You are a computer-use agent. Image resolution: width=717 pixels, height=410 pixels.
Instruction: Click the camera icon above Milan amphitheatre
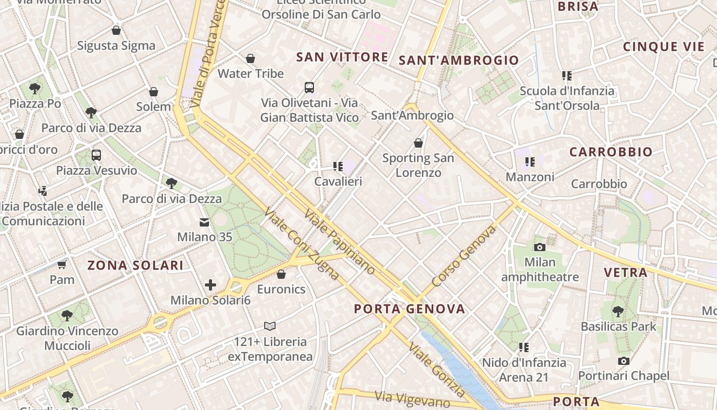tap(539, 247)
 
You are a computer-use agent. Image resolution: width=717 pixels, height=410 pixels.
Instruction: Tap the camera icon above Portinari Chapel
tap(623, 361)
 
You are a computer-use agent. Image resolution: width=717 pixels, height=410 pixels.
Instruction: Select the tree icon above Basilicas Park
tap(618, 311)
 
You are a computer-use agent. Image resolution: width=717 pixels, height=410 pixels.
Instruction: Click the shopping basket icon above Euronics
tap(281, 274)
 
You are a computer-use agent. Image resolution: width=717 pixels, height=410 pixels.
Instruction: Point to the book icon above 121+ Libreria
tap(270, 326)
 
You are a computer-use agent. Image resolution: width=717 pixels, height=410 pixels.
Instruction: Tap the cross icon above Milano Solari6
tap(210, 285)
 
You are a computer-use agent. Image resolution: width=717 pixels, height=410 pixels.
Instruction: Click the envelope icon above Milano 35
tap(204, 222)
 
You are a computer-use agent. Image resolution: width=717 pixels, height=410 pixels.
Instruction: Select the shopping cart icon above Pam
tap(62, 264)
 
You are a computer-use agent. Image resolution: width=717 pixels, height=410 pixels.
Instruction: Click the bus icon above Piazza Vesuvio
tap(96, 155)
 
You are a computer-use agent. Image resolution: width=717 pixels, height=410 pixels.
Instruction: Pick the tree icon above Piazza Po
tap(35, 88)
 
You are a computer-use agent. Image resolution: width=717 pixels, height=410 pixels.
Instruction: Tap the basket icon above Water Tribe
tap(250, 58)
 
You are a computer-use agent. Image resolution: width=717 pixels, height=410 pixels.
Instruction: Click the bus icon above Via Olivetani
tap(309, 87)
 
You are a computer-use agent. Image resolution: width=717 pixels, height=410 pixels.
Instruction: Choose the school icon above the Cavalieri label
tap(338, 166)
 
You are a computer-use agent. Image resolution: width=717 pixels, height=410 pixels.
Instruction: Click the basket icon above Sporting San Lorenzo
tap(418, 143)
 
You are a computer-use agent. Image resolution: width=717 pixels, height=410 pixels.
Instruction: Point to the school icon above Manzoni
tap(530, 162)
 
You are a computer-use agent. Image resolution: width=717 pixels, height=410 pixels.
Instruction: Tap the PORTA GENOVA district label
tap(410, 309)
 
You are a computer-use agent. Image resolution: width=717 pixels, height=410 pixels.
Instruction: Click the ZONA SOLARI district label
tap(135, 265)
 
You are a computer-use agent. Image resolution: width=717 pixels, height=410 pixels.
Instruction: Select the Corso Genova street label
tap(464, 257)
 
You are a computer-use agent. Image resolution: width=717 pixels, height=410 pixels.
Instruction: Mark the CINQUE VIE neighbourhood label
tap(664, 47)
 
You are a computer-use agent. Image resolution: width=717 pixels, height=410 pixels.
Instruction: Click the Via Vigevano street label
tap(412, 399)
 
